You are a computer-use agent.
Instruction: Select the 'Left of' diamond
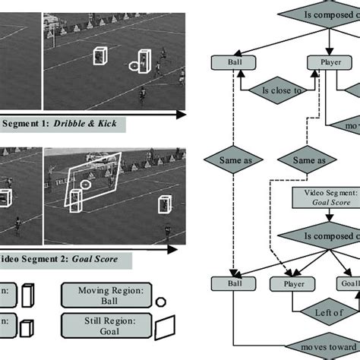coord(324,311)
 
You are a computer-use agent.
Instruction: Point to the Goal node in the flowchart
coord(349,284)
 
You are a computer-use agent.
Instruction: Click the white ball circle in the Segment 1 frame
coord(134,65)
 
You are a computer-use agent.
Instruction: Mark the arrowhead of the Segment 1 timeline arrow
coord(181,114)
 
